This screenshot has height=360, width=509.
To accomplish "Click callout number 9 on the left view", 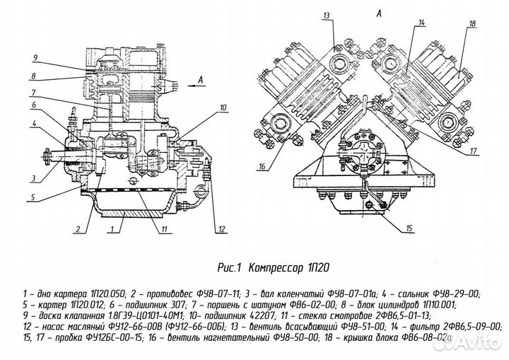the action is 35,58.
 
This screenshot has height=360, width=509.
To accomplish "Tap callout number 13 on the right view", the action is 326,16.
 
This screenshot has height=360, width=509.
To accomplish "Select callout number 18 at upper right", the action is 472,24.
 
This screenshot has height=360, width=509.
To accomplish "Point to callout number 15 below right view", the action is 409,228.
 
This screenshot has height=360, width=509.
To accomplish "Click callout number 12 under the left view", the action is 221,229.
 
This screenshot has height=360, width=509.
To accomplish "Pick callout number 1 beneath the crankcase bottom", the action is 112,229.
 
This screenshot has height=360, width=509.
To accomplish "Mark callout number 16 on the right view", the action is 262,167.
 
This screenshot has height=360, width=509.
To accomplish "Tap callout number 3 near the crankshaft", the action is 33,178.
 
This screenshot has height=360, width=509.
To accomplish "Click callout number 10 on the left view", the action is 223,108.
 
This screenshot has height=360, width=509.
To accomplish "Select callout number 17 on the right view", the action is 473,151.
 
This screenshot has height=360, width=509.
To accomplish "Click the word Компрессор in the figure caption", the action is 276,268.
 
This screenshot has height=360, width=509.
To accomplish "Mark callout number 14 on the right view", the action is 421,23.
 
